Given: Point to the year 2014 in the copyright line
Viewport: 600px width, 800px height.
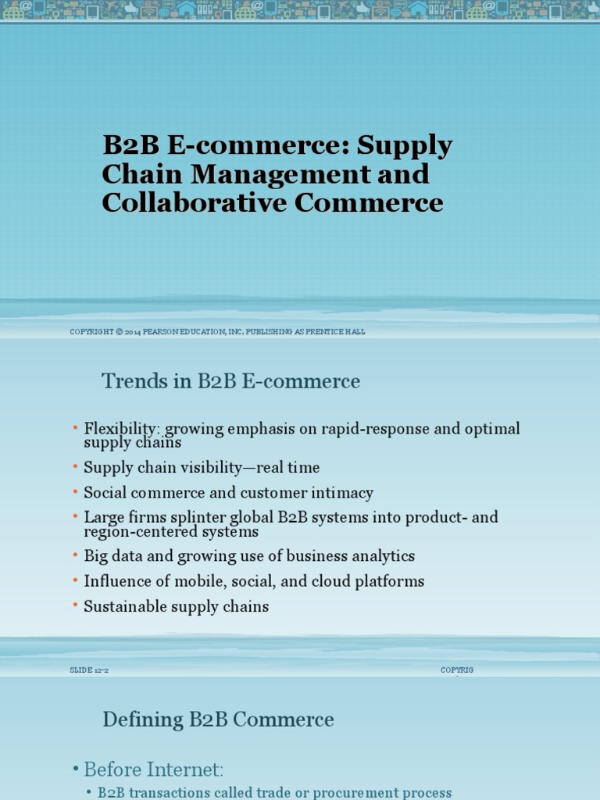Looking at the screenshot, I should coord(133,332).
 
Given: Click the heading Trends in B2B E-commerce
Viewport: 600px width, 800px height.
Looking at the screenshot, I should coord(230,381).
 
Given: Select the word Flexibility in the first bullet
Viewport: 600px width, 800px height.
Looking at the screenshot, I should coord(121,429).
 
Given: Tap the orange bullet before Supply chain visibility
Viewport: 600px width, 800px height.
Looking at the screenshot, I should coord(76,467).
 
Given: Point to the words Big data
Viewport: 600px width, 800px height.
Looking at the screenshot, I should coord(113,556).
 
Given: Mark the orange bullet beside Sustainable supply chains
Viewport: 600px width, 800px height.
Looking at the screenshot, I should coord(76,606).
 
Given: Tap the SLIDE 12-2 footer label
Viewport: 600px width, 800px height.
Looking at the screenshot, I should coord(88,670).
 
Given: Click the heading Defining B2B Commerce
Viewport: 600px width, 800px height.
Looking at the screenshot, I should coord(218,720).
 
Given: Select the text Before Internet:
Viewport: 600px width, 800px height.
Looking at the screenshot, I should coord(153,770).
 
